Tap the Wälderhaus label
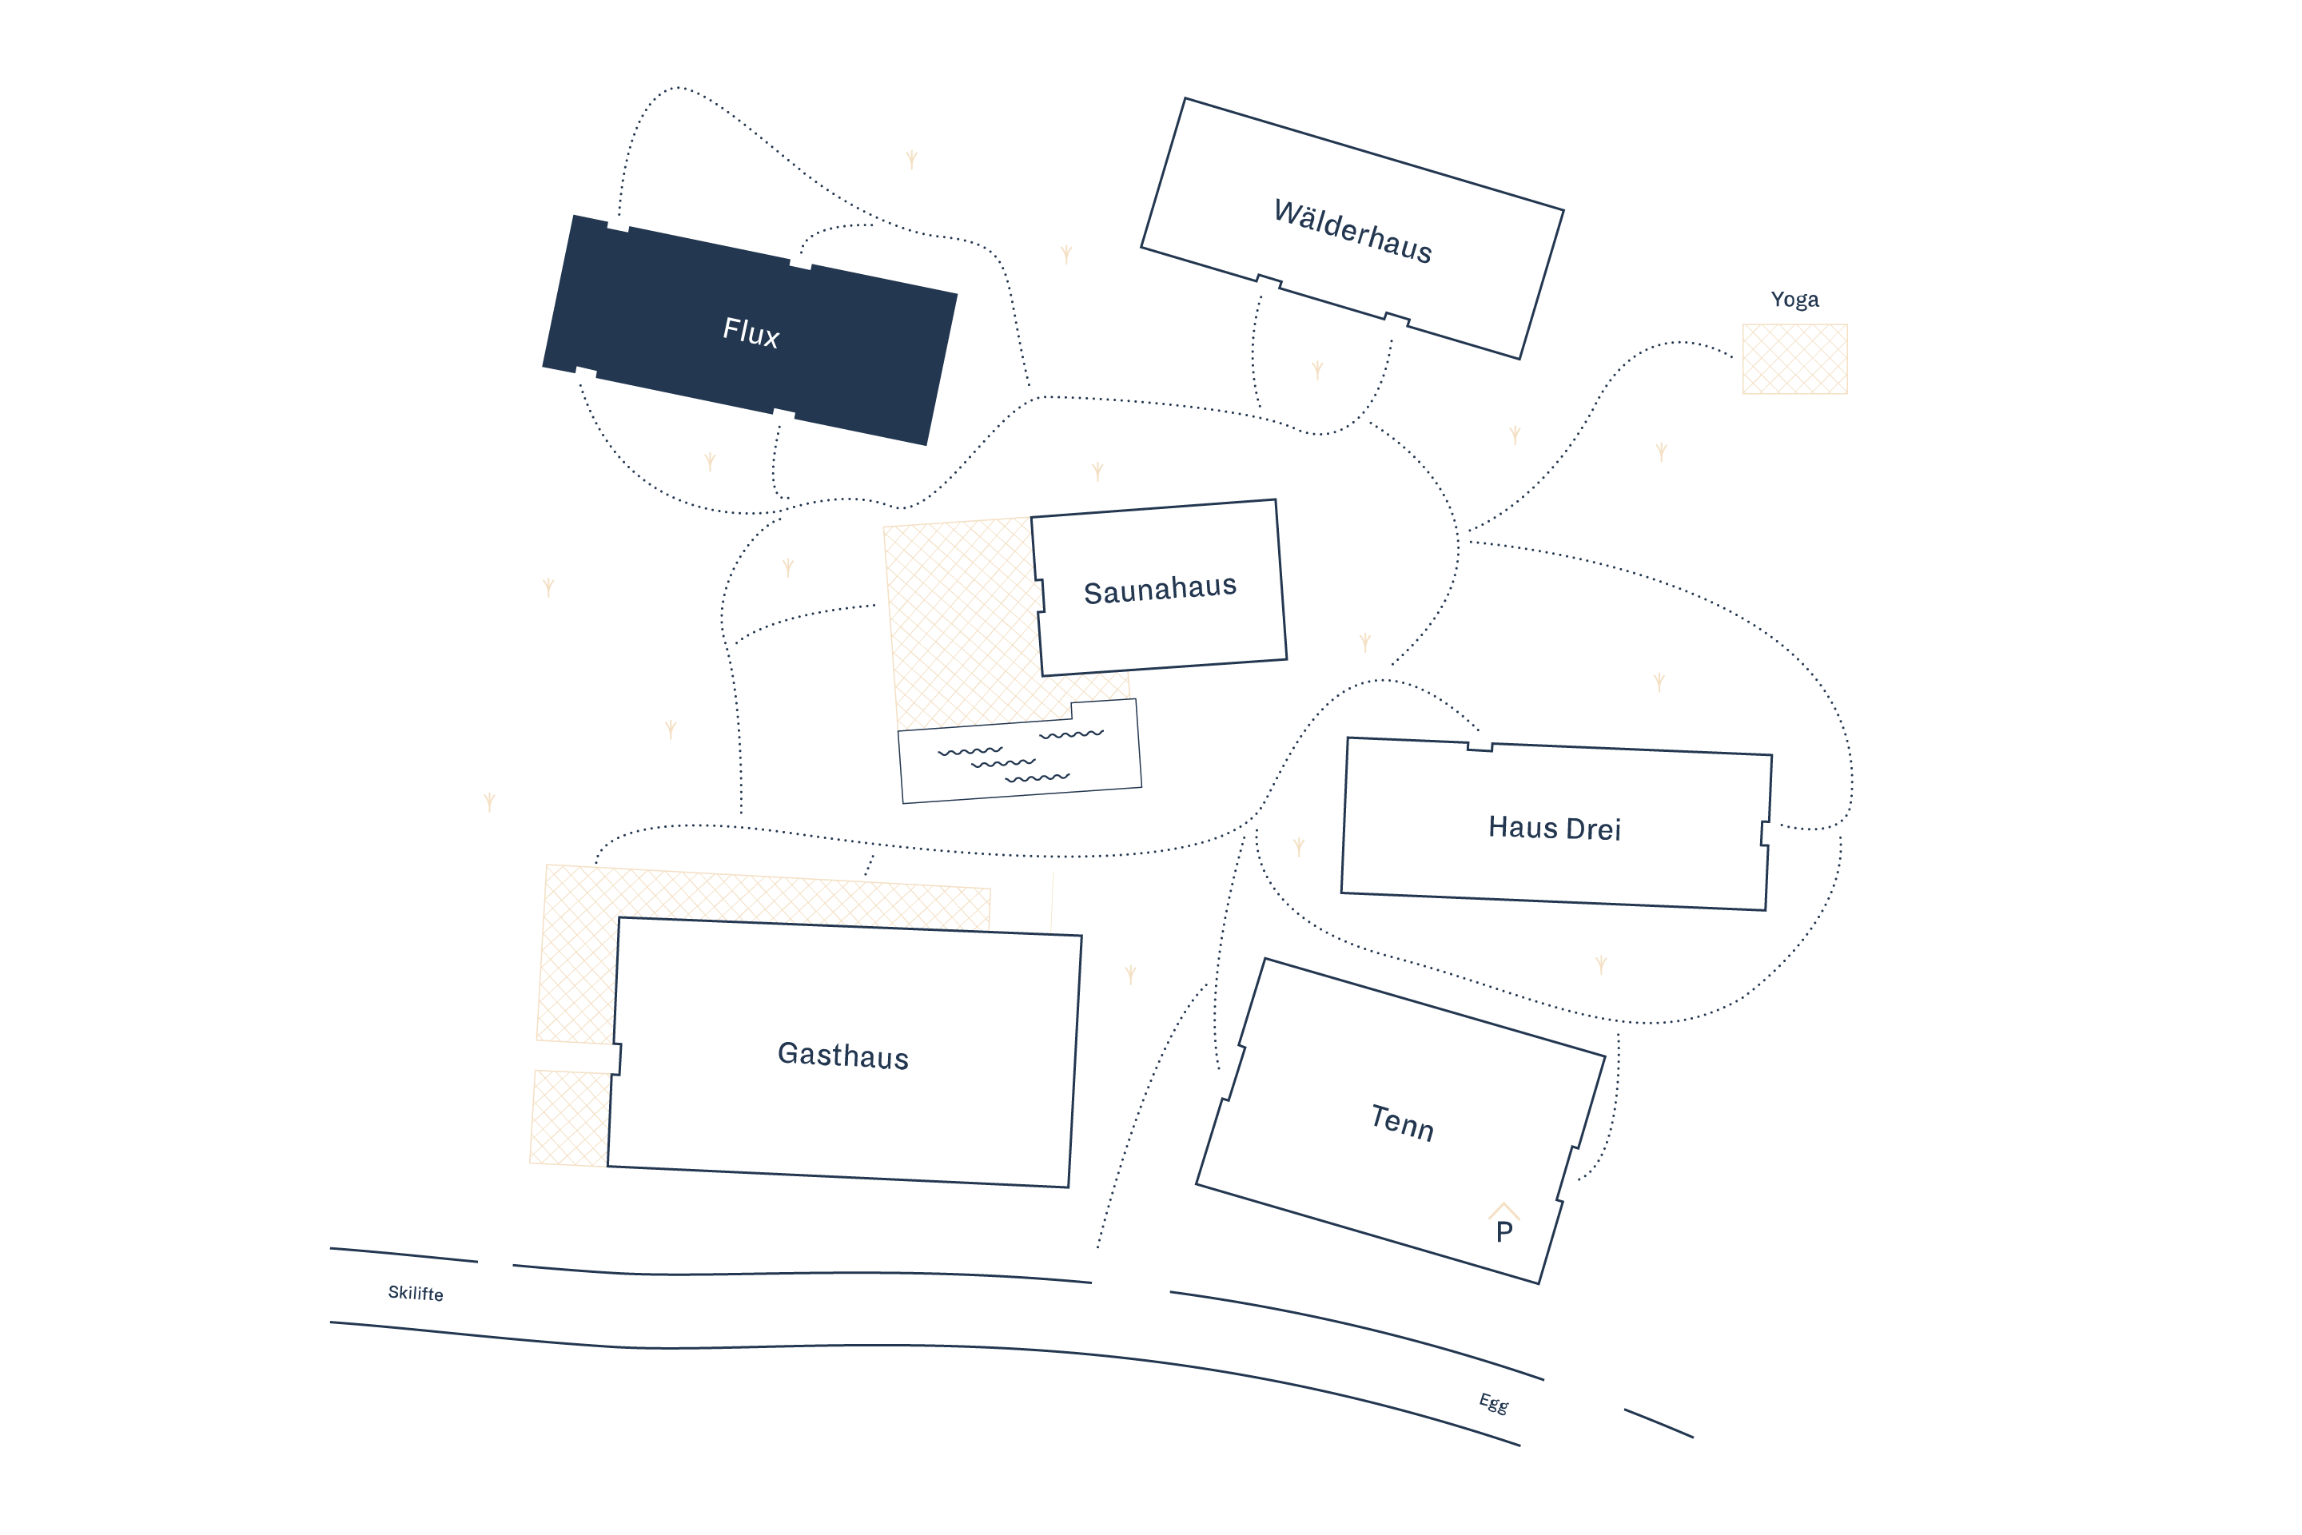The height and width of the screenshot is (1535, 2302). click(1352, 231)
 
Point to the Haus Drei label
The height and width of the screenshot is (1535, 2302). click(1554, 828)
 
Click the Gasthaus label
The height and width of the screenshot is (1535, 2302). click(843, 1056)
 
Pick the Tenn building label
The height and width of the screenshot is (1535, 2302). click(1402, 1122)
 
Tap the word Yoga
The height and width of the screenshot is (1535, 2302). click(1794, 300)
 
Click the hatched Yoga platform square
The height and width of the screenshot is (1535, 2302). click(1794, 360)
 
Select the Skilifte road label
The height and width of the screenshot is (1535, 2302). click(415, 1293)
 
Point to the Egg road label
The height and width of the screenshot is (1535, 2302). click(1493, 1403)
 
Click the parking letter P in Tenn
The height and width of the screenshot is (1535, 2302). click(1504, 1231)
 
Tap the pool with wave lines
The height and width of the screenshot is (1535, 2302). click(1020, 751)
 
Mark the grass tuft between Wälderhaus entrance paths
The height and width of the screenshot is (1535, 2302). click(1317, 369)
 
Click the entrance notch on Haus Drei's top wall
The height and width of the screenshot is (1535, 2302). click(1480, 747)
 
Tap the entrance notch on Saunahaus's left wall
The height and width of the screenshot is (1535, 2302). click(1040, 595)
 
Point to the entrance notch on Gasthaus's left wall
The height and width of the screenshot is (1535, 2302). click(617, 1058)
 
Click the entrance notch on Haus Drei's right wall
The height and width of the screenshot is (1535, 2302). click(1764, 833)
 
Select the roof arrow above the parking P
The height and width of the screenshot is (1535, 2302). click(1504, 1210)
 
